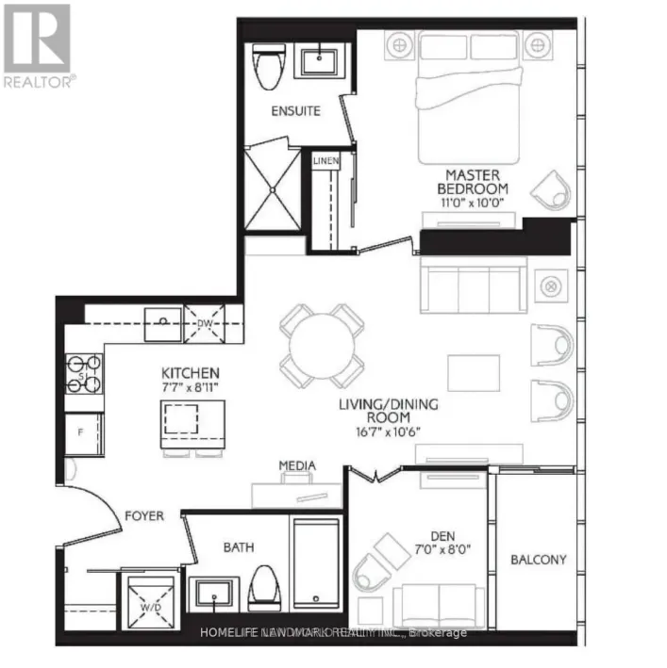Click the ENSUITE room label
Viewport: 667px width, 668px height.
click(295, 111)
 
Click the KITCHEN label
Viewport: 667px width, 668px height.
click(191, 373)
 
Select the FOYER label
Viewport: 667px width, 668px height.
click(144, 516)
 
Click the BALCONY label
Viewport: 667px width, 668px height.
click(539, 560)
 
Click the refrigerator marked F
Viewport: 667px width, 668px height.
click(81, 434)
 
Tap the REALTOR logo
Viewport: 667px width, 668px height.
click(38, 45)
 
